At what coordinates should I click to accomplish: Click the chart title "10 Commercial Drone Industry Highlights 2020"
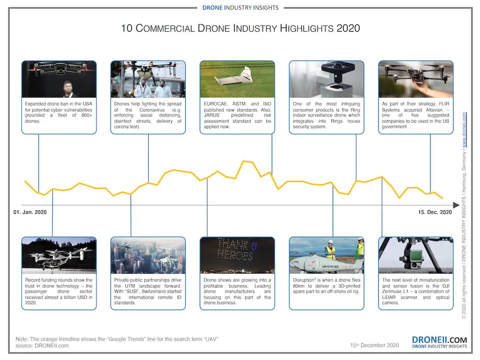click(x=240, y=28)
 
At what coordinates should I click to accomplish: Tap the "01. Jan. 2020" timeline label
click(x=30, y=212)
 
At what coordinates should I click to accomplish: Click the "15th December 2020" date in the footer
click(x=374, y=345)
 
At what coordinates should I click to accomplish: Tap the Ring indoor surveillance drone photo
click(x=326, y=79)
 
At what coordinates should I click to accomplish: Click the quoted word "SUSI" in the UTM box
click(x=132, y=291)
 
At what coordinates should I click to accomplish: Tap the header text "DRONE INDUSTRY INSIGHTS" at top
click(x=240, y=8)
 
